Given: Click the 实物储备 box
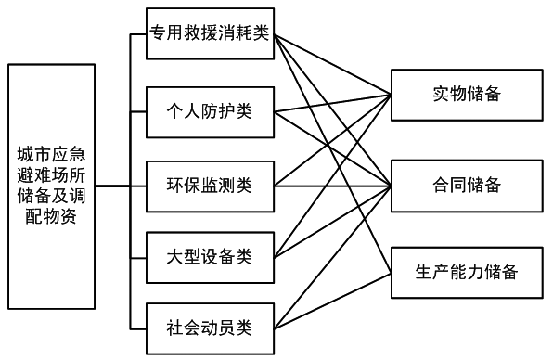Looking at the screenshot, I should [466, 94].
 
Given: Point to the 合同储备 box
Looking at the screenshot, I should [466, 186].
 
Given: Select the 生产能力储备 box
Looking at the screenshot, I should [466, 273].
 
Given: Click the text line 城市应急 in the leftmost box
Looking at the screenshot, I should [51, 152].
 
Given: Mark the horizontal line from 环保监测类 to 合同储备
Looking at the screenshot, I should [334, 186].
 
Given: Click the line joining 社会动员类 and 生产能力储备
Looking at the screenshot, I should [334, 300].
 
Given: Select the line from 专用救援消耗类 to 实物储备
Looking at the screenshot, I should [334, 66].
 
